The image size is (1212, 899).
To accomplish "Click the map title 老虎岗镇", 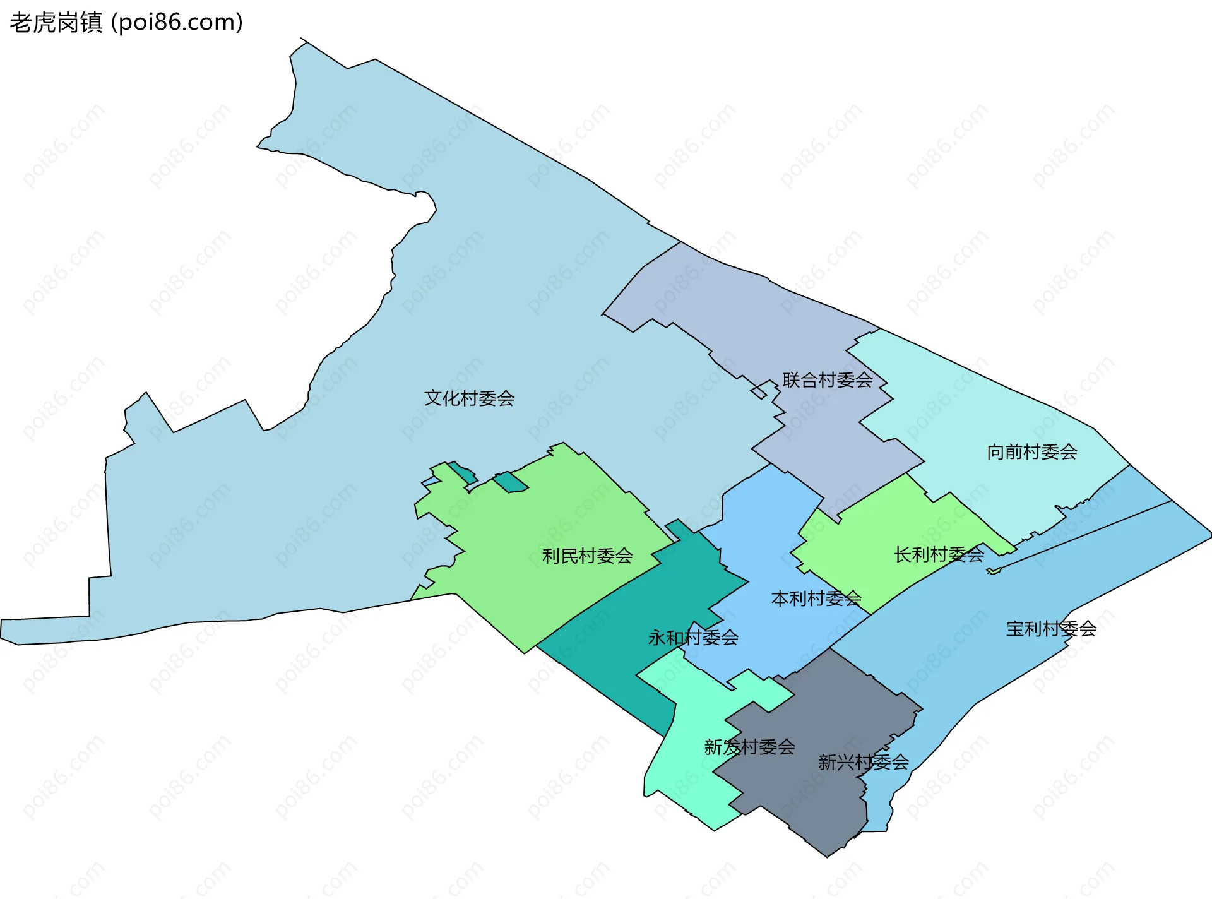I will [56, 23].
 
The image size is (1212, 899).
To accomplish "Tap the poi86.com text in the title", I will [177, 23].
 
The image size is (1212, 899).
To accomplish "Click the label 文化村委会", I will [469, 398].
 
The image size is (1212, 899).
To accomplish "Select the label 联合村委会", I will [827, 380].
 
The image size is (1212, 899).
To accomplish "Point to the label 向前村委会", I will [1031, 452].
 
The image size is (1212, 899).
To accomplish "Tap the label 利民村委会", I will [587, 556].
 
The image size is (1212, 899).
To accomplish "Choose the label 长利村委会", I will [939, 555].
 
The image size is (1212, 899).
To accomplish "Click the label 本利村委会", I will [816, 598].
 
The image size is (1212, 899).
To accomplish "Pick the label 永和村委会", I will [693, 638].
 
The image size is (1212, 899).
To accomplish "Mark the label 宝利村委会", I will [1050, 629].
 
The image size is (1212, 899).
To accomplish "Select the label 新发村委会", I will [749, 747].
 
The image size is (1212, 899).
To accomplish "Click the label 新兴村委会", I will [863, 763].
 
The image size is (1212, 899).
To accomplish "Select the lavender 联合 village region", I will [726, 303].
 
